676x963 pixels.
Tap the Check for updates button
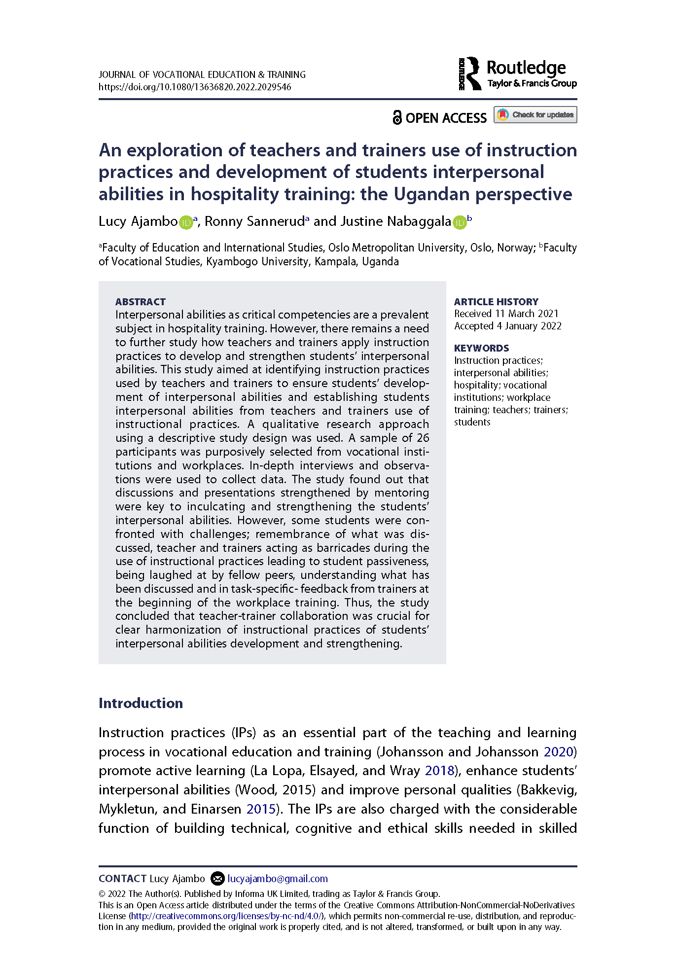pos(535,115)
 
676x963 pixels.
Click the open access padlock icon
pos(397,117)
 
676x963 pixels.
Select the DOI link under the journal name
pos(195,87)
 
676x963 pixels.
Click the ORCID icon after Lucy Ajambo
pos(185,222)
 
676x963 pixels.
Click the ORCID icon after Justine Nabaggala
pos(459,222)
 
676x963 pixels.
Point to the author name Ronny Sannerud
pos(254,221)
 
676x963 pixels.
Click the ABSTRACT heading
pos(141,302)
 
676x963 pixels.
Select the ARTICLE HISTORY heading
pos(496,302)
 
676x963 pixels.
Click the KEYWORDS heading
pos(481,348)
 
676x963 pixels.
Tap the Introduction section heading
pos(141,703)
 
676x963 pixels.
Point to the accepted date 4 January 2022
pos(529,326)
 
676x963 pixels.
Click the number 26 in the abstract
pos(423,438)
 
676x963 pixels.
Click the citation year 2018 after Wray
pos(439,771)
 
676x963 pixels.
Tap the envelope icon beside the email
pos(217,879)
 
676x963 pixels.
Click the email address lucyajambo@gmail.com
pos(278,879)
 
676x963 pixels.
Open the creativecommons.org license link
pos(226,916)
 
